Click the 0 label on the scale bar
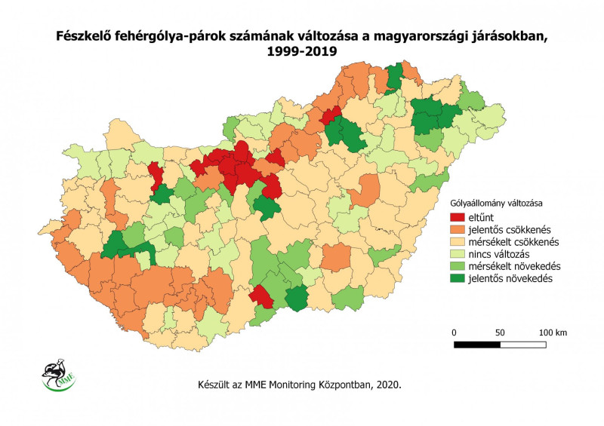coord(454,333)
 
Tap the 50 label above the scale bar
coord(500,333)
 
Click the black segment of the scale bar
coord(477,345)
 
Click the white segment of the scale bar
coord(523,345)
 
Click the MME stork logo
coord(54,375)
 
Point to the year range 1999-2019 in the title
coord(302,51)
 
